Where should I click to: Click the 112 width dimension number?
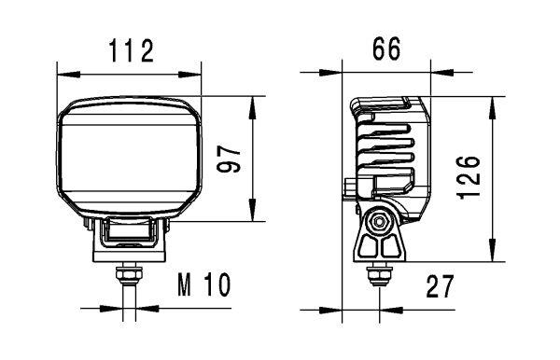click(x=129, y=51)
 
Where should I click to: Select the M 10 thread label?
click(x=203, y=285)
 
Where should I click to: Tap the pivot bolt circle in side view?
click(x=379, y=223)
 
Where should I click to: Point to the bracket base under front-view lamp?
click(x=129, y=249)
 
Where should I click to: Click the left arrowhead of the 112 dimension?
click(x=62, y=74)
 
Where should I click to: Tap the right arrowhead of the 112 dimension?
click(x=196, y=74)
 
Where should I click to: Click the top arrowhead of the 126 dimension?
click(x=494, y=100)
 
